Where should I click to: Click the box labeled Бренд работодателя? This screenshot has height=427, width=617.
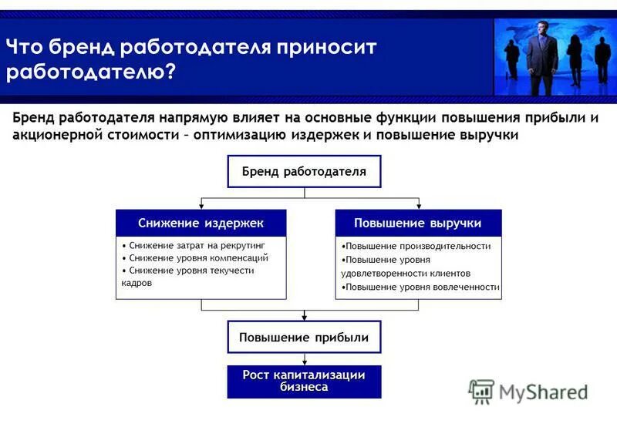click(304, 171)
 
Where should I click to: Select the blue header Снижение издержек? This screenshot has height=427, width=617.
click(201, 223)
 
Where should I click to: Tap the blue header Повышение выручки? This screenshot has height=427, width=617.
click(417, 223)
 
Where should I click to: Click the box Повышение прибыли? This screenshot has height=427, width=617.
click(304, 338)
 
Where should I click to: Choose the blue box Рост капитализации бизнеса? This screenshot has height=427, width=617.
click(304, 381)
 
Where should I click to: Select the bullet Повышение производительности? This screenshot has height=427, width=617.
click(416, 246)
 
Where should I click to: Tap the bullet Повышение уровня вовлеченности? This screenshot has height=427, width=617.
click(420, 287)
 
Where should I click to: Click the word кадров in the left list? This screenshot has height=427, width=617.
click(137, 283)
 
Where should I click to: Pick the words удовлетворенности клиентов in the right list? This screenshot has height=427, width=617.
click(406, 273)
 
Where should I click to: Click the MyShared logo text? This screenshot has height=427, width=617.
click(543, 392)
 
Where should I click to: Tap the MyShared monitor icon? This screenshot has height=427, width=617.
click(481, 392)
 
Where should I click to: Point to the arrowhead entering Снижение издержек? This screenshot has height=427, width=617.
click(201, 206)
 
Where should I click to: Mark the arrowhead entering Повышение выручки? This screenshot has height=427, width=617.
click(417, 206)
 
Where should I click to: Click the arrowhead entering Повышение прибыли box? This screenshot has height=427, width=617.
click(305, 317)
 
